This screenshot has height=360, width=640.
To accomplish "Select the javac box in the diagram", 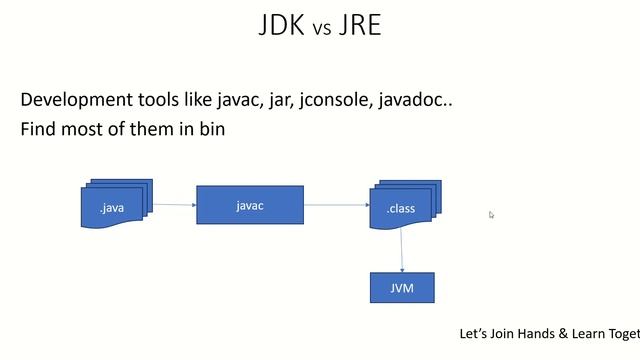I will pyautogui.click(x=249, y=205).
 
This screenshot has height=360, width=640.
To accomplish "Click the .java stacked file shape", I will pyautogui.click(x=113, y=207).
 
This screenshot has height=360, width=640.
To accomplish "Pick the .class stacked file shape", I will pyautogui.click(x=402, y=207).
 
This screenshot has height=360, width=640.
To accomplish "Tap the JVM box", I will pyautogui.click(x=403, y=288).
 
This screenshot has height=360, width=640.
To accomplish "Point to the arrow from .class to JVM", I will pyautogui.click(x=402, y=249).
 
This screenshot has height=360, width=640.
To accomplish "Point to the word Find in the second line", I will pyautogui.click(x=37, y=130).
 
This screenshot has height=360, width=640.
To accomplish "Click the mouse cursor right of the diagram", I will pyautogui.click(x=491, y=214).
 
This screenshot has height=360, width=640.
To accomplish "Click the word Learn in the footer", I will pyautogui.click(x=589, y=333).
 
